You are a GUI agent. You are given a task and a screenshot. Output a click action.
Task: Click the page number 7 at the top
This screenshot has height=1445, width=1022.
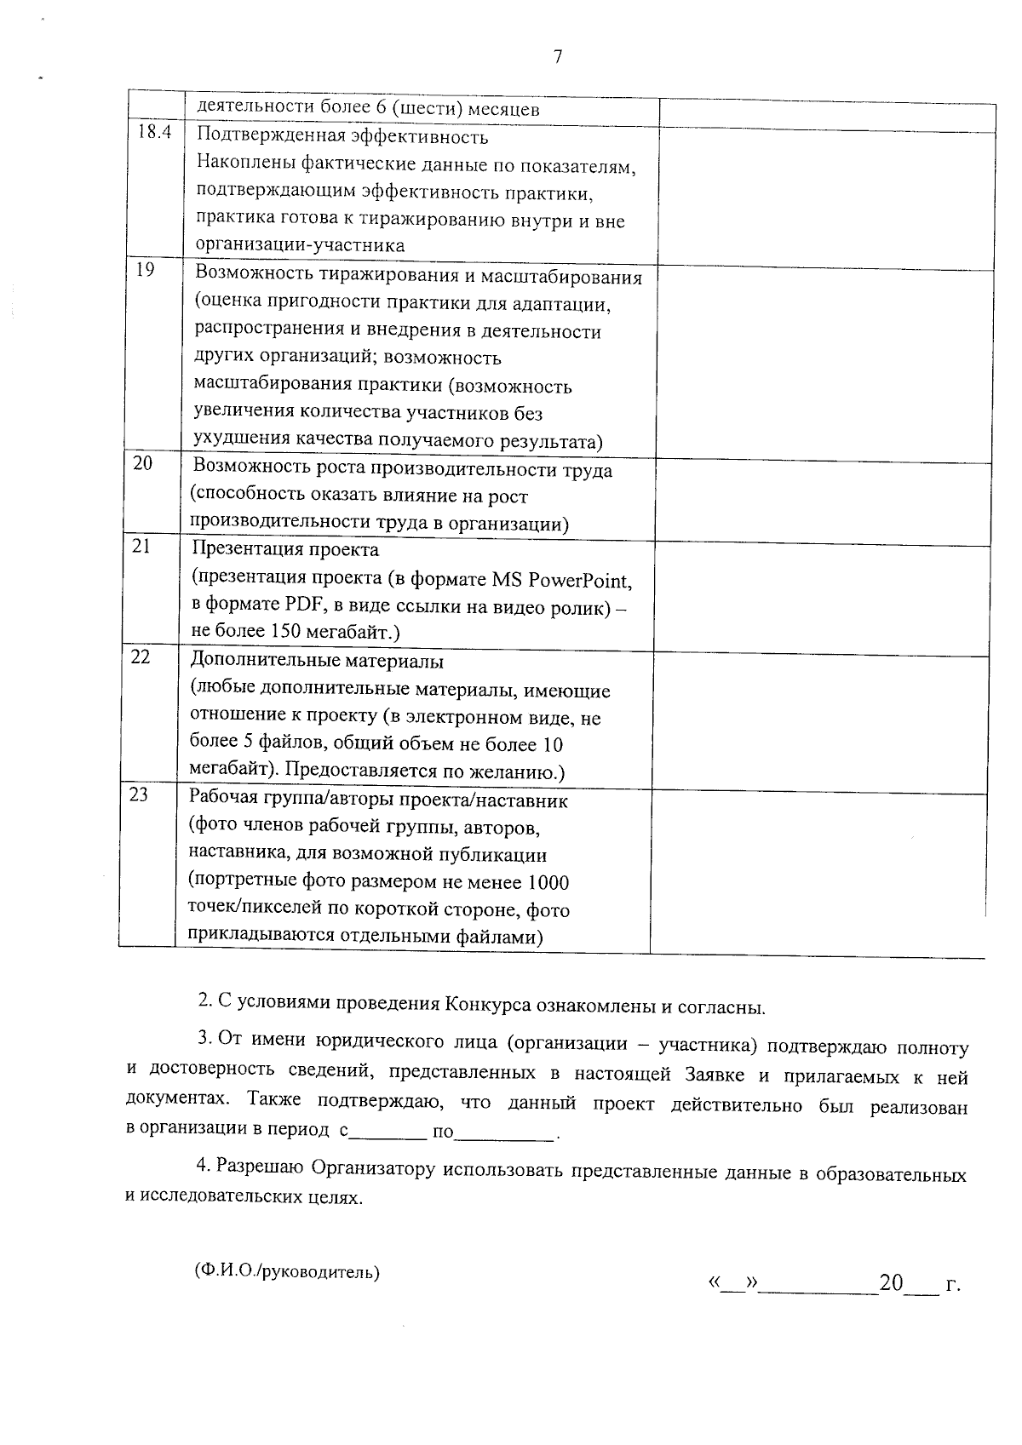coord(557,57)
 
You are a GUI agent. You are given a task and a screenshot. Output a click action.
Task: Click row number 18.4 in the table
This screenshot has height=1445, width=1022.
coord(154,132)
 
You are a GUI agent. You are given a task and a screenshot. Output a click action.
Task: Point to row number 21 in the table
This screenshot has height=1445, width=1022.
coord(141,545)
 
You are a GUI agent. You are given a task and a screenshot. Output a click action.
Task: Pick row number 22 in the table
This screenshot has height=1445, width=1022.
coord(141,657)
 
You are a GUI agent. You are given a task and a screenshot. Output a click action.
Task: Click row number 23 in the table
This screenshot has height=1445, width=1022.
coord(138,794)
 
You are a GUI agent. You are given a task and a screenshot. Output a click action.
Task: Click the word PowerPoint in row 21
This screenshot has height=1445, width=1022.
coord(583,580)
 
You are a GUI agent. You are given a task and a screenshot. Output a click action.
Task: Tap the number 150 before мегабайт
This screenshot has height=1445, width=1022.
coord(286,632)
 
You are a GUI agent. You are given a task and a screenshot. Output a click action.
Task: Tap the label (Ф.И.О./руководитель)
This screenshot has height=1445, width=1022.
coord(287,1272)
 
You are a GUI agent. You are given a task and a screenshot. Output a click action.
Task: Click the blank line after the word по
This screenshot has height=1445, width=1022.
coord(506,1133)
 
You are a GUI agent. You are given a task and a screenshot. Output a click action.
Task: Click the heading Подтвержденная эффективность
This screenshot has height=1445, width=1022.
coord(342,136)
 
